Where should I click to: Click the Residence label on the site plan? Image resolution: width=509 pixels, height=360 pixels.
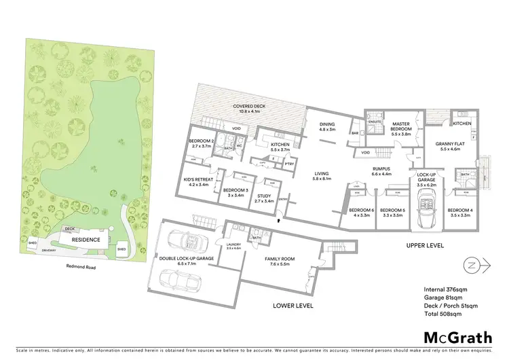[86, 240]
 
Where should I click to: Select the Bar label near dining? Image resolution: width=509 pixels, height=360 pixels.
[355, 134]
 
